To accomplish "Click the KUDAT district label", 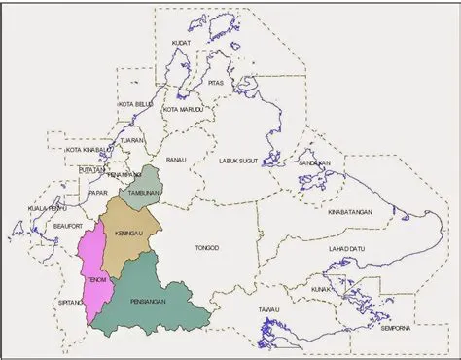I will click(180, 44).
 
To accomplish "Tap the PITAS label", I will click(216, 84).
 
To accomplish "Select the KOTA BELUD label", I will click(135, 103).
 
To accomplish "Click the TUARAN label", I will click(131, 140).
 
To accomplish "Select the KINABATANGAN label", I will click(351, 210).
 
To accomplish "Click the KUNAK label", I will click(331, 289).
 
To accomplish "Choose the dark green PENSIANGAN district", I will click(156, 292).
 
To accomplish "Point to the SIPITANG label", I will click(70, 304).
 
